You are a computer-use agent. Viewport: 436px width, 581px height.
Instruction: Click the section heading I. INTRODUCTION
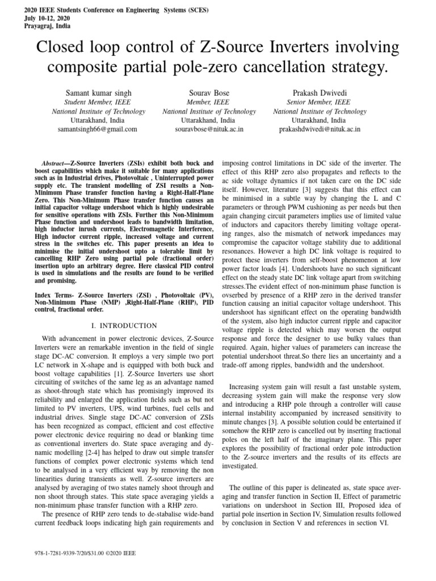point(124,325)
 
